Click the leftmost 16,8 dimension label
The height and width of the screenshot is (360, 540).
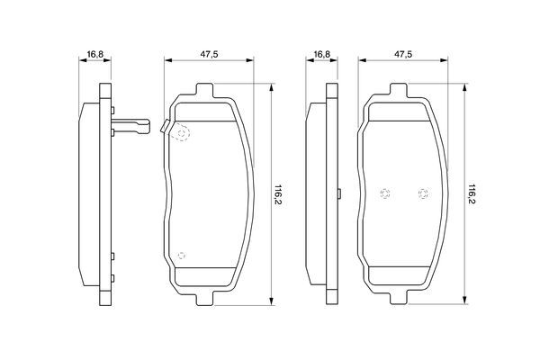pyautogui.click(x=95, y=54)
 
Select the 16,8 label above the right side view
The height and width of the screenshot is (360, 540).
pyautogui.click(x=322, y=54)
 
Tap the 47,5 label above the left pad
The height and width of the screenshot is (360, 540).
pyautogui.click(x=209, y=54)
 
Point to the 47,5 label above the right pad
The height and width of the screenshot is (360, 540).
pyautogui.click(x=403, y=54)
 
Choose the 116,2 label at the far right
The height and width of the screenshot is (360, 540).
pyautogui.click(x=472, y=194)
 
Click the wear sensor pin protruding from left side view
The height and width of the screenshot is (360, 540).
pyautogui.click(x=130, y=126)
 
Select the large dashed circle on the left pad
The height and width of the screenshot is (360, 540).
pyautogui.click(x=182, y=133)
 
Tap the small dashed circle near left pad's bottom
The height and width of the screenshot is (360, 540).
pyautogui.click(x=182, y=256)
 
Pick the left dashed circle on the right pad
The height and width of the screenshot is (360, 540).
pyautogui.click(x=384, y=193)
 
